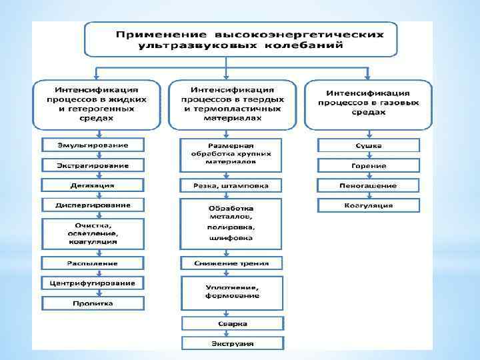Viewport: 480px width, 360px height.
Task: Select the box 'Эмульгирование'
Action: pos(93,145)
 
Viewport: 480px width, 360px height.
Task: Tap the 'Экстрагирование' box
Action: pos(93,165)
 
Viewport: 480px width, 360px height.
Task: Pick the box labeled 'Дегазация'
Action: pos(93,185)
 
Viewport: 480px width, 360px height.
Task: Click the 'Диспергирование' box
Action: pos(93,205)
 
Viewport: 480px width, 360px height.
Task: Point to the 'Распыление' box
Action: pos(93,262)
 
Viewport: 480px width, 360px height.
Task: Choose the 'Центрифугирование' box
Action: pos(93,283)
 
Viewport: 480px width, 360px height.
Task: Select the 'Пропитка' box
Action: pos(93,303)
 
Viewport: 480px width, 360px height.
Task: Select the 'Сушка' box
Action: pos(369,145)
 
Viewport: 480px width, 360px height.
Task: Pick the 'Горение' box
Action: pos(369,165)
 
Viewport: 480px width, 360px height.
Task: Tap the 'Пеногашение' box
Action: pos(369,185)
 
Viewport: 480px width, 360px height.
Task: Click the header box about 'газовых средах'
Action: pos(369,104)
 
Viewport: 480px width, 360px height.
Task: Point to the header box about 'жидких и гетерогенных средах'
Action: pos(97,104)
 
